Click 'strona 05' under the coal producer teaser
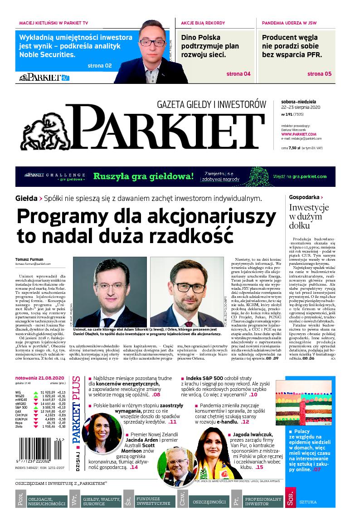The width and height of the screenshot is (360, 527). [x=319, y=74]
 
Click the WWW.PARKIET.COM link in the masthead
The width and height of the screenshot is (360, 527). [x=298, y=134]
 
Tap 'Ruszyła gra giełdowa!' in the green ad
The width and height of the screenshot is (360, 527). [x=144, y=176]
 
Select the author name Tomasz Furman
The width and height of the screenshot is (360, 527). [x=28, y=259]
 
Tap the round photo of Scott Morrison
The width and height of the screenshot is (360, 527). [x=171, y=464]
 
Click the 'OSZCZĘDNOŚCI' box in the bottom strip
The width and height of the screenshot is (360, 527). [x=209, y=502]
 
